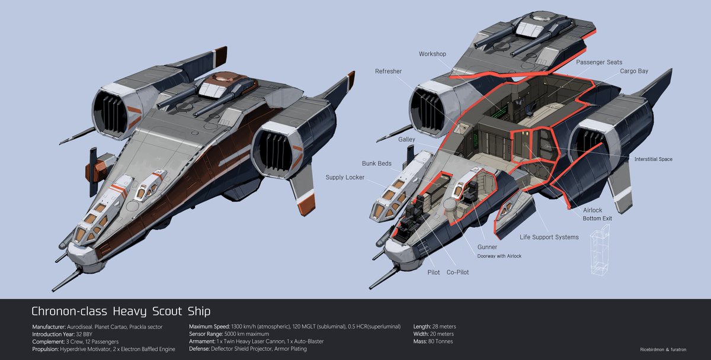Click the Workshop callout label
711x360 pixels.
tap(433, 54)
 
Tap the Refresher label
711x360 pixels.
tap(388, 72)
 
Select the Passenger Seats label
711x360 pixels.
tap(599, 62)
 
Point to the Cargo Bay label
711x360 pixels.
tap(634, 71)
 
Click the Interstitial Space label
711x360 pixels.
tap(653, 159)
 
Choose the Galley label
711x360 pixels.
tap(406, 139)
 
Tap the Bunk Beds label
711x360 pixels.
tap(377, 163)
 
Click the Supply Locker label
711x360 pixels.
tap(345, 177)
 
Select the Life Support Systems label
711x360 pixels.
tap(549, 237)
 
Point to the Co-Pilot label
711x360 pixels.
tap(457, 272)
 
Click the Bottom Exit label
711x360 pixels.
tap(597, 218)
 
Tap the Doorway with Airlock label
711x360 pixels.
tap(499, 256)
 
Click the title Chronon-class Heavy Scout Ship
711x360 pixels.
tap(121, 311)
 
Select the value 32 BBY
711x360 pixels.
tap(84, 335)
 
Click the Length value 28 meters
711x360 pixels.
tap(444, 326)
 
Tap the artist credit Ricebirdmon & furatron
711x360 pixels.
tap(663, 349)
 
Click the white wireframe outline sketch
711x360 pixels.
tap(600, 250)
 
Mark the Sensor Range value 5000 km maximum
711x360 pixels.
tap(246, 334)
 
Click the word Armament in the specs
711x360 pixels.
tap(202, 342)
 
